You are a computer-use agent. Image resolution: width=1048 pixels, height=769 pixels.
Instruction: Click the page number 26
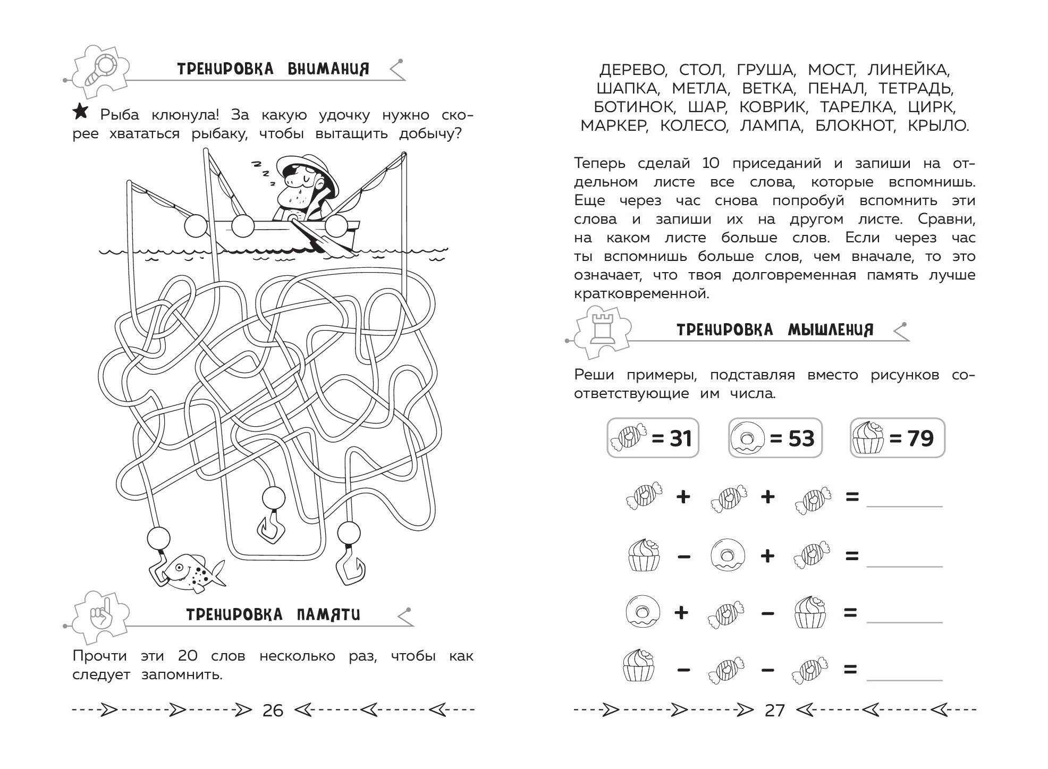pos(273,710)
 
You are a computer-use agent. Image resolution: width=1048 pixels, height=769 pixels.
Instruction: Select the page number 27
pos(774,710)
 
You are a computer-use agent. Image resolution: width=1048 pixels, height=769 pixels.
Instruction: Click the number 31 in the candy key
pos(672,438)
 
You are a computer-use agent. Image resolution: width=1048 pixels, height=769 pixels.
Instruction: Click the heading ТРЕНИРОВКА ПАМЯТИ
pos(273,615)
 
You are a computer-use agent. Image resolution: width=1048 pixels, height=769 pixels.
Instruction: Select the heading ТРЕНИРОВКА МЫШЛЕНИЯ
pos(774,330)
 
